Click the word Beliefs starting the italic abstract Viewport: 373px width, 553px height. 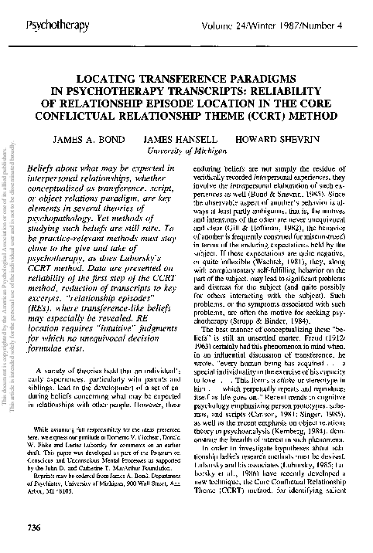pos(42,167)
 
